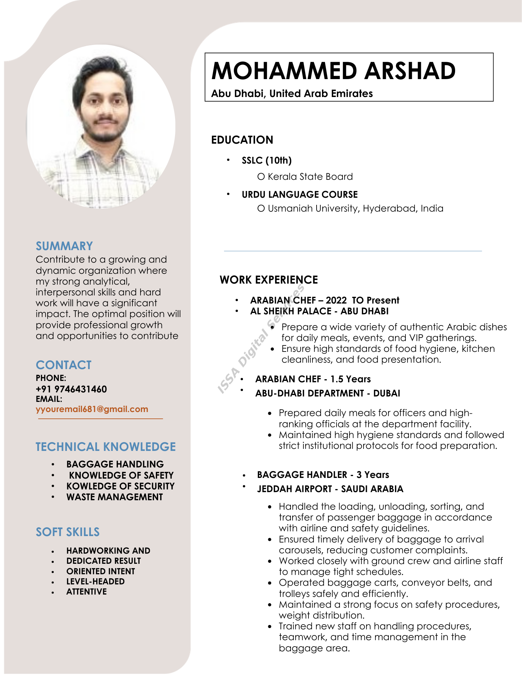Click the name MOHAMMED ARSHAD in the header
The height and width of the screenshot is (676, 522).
[333, 71]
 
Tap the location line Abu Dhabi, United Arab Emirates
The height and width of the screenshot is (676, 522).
[292, 93]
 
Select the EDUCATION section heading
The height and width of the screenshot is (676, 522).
[242, 140]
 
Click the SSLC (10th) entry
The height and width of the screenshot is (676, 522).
[267, 160]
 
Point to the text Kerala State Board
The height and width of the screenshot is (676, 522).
[310, 176]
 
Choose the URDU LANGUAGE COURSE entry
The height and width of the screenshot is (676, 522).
[300, 194]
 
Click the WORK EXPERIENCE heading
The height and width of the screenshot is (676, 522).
[269, 280]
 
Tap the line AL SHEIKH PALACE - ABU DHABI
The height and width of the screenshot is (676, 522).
[319, 311]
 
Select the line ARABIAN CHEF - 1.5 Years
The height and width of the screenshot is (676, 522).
[313, 379]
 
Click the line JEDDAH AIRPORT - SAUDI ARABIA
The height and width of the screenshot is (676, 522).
[330, 489]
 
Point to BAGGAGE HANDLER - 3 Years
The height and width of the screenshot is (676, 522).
[323, 475]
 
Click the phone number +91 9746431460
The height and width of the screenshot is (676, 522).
[71, 389]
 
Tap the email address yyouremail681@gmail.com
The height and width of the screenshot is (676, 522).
[92, 409]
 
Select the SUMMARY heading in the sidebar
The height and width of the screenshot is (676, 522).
[64, 246]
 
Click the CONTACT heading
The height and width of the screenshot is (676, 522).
[64, 365]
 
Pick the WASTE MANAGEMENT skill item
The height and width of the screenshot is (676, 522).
[115, 497]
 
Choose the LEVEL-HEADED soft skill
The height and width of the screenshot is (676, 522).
[95, 581]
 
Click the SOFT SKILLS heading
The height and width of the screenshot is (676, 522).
[68, 532]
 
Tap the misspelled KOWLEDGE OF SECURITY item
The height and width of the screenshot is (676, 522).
[120, 486]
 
